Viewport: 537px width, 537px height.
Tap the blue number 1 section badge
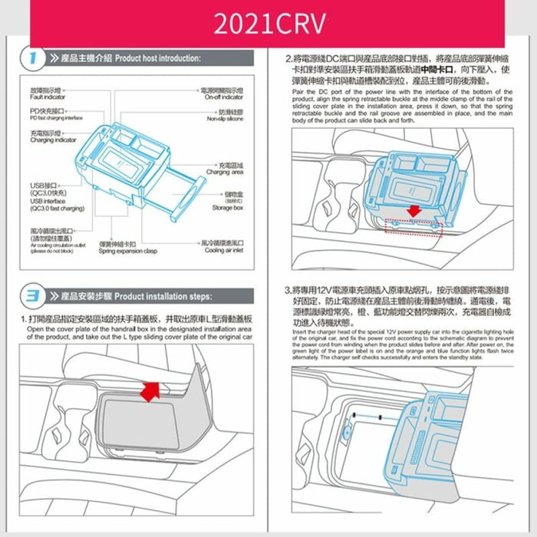point(31,58)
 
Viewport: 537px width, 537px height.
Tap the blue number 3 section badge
point(31,296)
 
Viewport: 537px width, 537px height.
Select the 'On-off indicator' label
point(223,97)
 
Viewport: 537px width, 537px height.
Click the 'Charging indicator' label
point(53,140)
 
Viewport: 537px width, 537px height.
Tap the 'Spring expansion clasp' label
point(127,251)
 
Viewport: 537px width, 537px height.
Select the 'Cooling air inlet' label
point(224,251)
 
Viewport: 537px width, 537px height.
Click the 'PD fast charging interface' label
point(56,119)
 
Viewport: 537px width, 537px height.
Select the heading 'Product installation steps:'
point(162,296)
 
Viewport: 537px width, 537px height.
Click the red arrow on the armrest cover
point(153,390)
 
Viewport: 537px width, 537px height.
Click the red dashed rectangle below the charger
point(413,226)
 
